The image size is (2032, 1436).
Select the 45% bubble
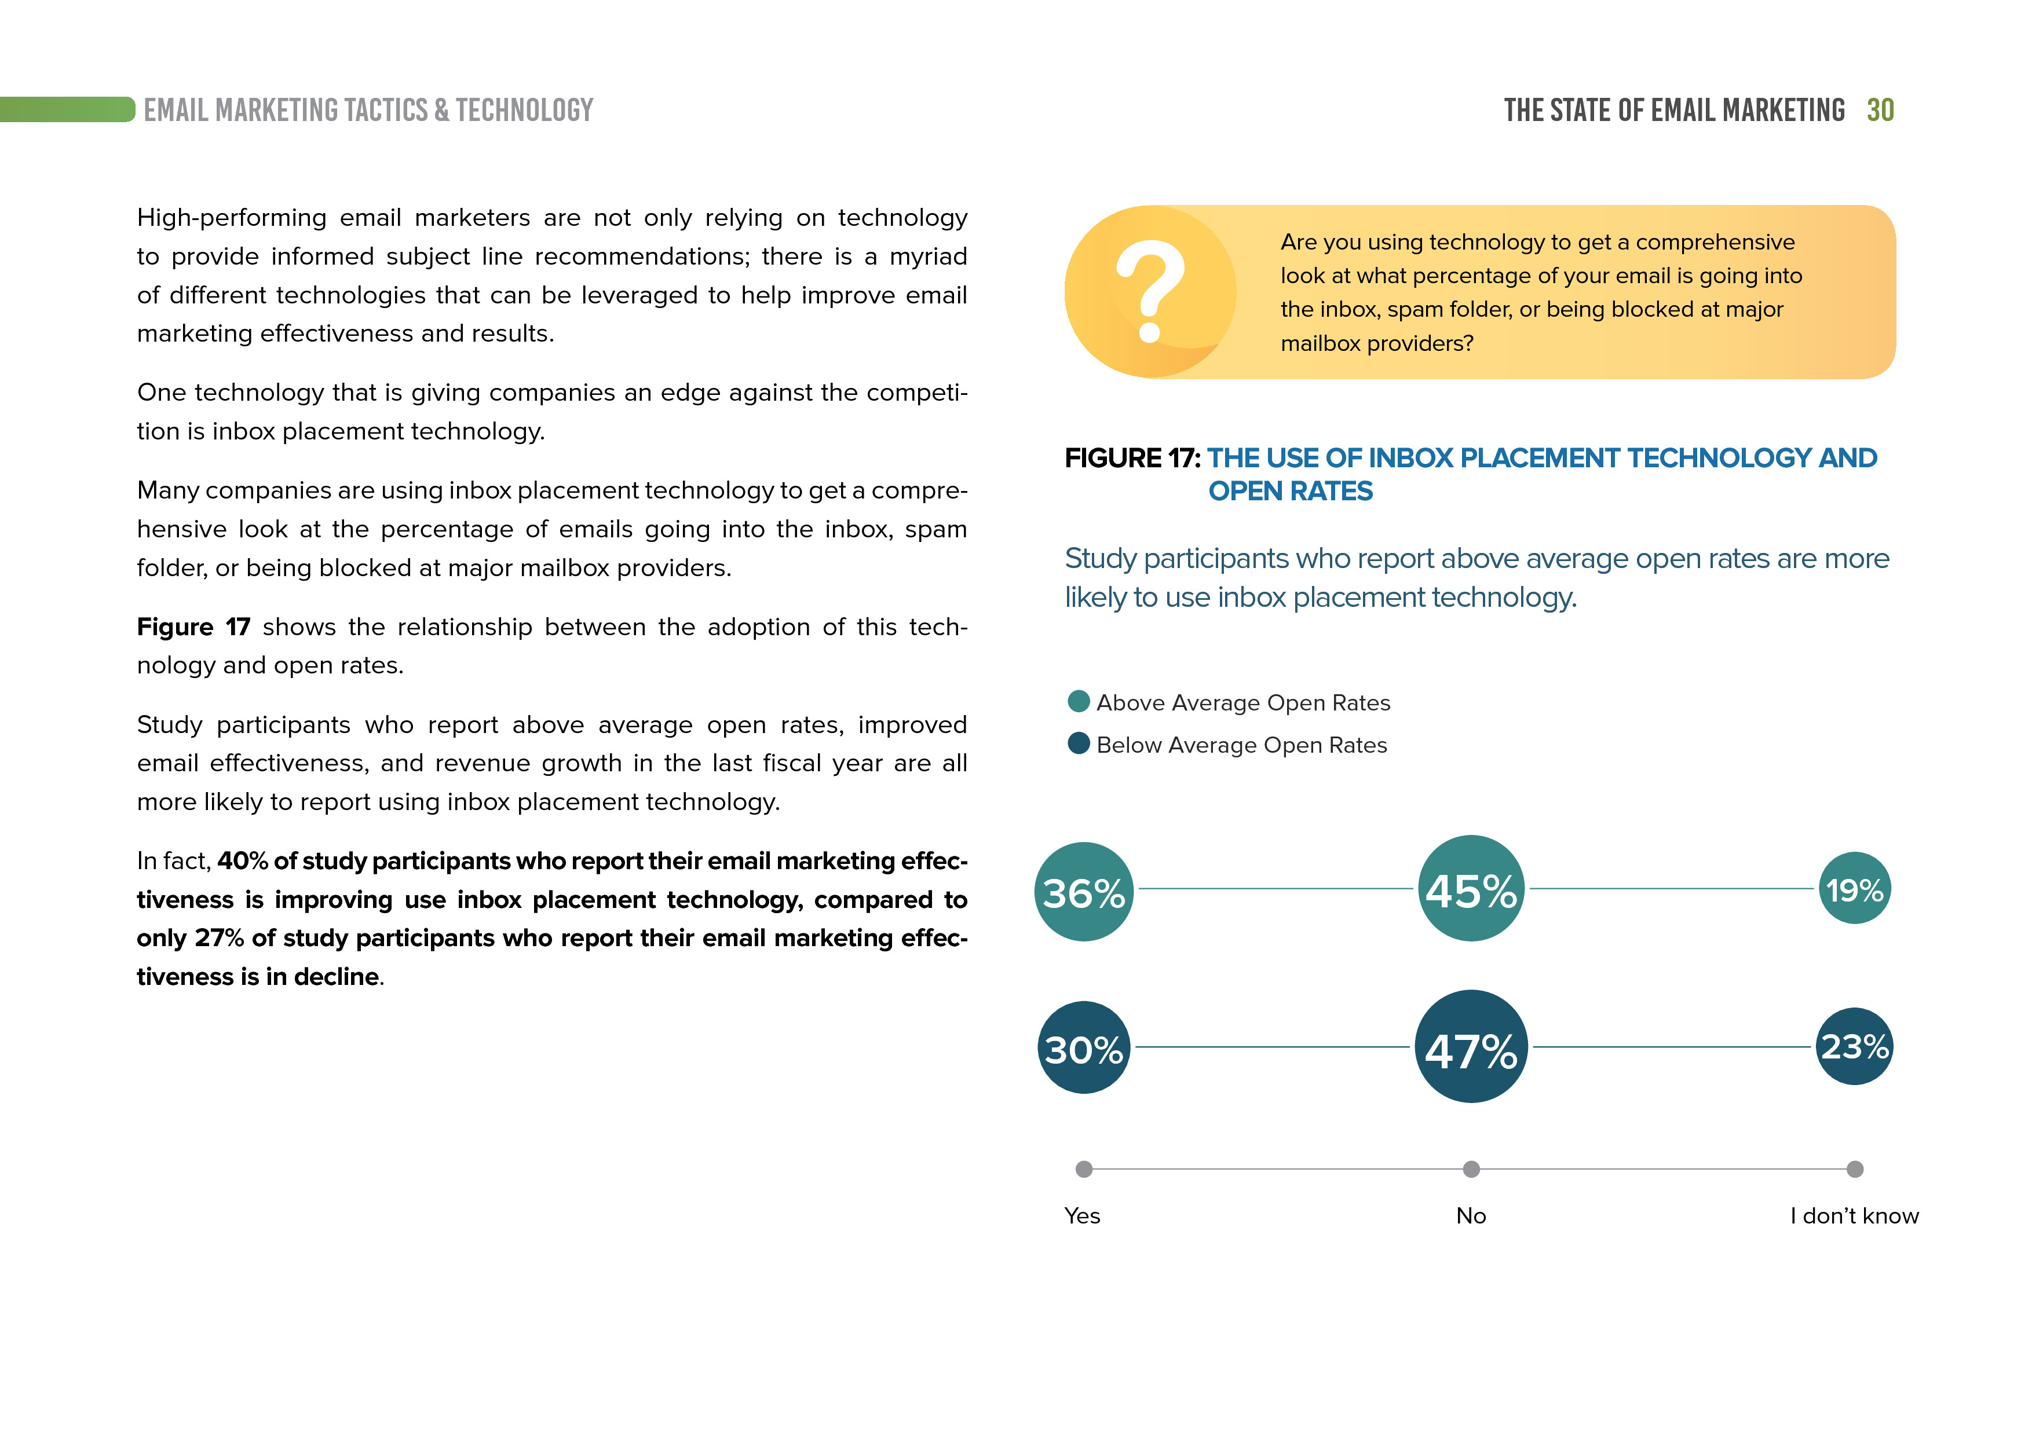1471,888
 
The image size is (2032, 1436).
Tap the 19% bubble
1854,888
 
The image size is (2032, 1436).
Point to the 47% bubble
1471,1047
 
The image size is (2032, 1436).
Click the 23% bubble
1854,1047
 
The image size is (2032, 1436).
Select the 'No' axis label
1471,1216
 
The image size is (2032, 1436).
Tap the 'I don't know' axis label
1854,1216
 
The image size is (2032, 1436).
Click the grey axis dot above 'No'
1471,1170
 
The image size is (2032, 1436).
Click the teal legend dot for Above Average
1079,702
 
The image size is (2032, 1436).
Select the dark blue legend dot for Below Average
1079,743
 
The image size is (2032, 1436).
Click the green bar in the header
67,109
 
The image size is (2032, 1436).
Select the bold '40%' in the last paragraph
243,861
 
